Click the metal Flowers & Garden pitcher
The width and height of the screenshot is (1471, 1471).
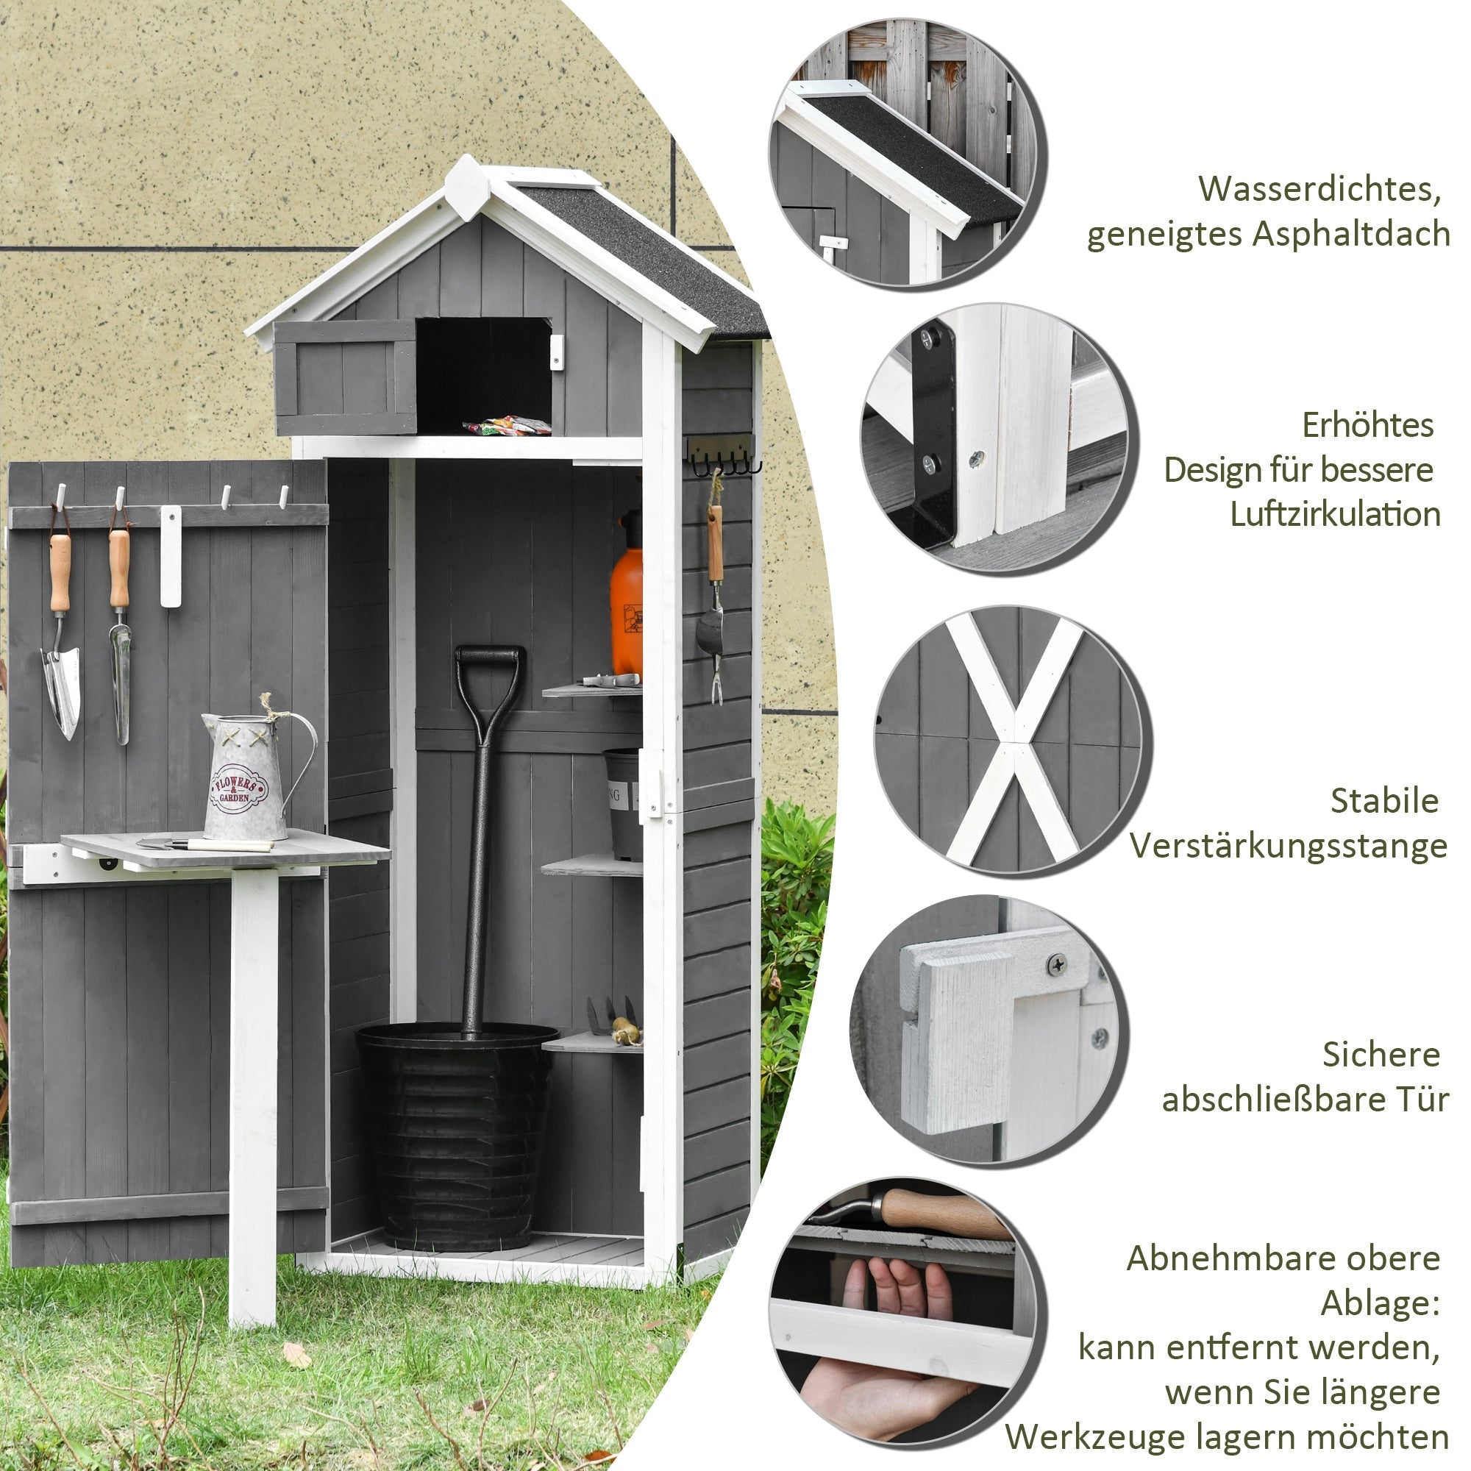[247, 777]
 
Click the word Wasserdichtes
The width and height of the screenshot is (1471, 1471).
[1319, 189]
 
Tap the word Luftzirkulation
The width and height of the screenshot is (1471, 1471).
[1335, 514]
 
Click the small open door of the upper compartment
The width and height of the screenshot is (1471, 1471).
[346, 377]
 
